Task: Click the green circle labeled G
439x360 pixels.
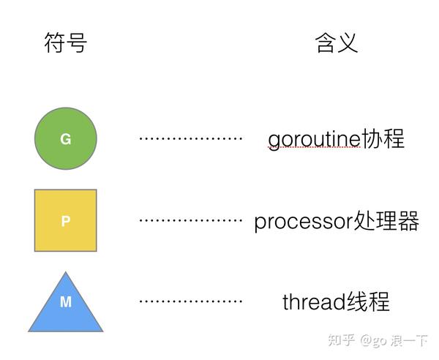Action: pos(66,139)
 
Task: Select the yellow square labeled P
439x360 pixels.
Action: pos(66,220)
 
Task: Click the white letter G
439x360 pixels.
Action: pos(66,139)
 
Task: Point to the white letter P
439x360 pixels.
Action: pos(66,221)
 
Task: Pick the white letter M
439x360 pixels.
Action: pos(66,301)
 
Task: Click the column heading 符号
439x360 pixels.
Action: pos(66,44)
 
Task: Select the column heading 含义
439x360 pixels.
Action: pos(337,44)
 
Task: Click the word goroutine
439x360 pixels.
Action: pos(314,139)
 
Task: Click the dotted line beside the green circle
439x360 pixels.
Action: pos(190,138)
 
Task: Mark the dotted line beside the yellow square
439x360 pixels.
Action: pos(190,220)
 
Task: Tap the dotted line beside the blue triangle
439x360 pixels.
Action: pos(190,301)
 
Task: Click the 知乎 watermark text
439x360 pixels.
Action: pos(343,341)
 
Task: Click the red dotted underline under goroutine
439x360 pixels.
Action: pos(314,149)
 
